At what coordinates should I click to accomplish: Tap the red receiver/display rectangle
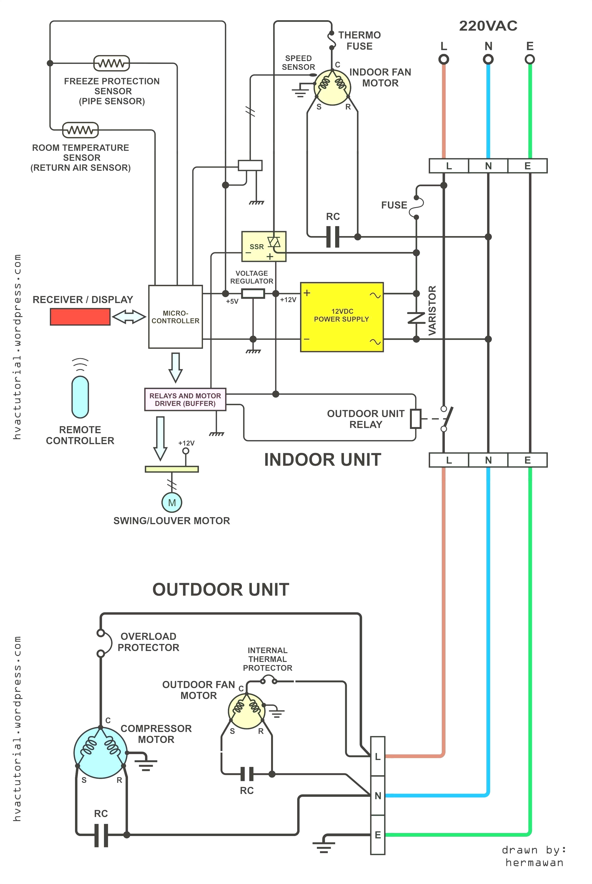[80, 317]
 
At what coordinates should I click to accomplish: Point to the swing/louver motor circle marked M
[172, 502]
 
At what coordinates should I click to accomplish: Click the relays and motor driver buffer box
[185, 399]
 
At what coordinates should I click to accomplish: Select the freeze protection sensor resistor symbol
[111, 63]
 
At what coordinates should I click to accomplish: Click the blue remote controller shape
[80, 397]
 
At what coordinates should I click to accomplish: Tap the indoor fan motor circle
[332, 87]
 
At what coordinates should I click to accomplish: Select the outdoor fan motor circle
[247, 711]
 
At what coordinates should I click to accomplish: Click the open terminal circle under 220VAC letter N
[488, 59]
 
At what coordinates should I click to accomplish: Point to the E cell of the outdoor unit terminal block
[378, 835]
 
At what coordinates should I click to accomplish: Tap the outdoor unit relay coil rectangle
[416, 418]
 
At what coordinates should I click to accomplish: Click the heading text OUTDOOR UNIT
[221, 589]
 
